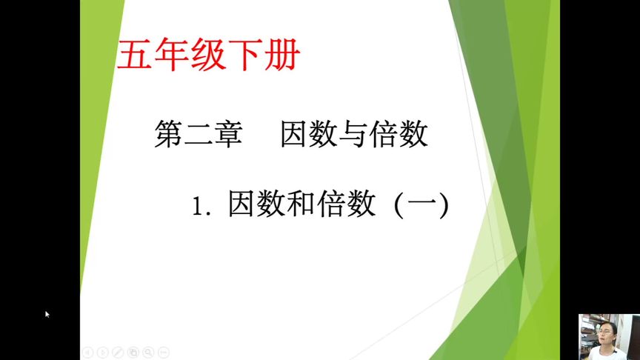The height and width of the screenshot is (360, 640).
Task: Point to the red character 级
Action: [208, 56]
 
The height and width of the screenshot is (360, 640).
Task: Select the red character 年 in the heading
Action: [172, 56]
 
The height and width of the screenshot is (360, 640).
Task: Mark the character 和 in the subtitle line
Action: [300, 204]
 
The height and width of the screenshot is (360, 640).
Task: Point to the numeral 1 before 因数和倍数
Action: [197, 206]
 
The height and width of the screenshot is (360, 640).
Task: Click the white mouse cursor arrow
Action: [47, 314]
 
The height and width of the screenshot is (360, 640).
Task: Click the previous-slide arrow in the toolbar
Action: [87, 352]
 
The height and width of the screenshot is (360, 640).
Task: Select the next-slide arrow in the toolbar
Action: [103, 352]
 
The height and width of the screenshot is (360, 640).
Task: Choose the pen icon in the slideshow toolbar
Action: [119, 352]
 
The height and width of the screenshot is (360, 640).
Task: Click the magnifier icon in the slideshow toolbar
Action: [149, 352]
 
